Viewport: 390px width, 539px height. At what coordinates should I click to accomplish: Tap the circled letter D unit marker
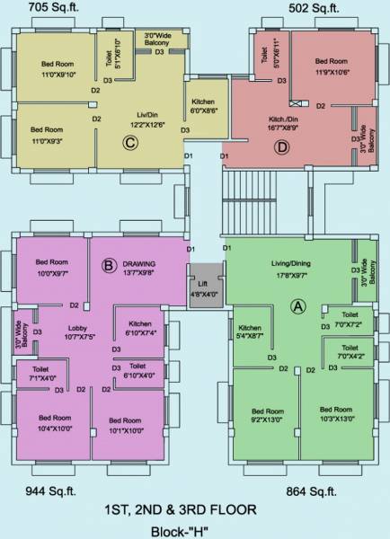282,146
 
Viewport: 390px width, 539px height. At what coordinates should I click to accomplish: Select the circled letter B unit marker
107,265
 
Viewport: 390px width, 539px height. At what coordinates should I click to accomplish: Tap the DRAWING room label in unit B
138,238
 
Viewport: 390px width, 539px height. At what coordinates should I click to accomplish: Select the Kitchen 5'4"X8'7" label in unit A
250,331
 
